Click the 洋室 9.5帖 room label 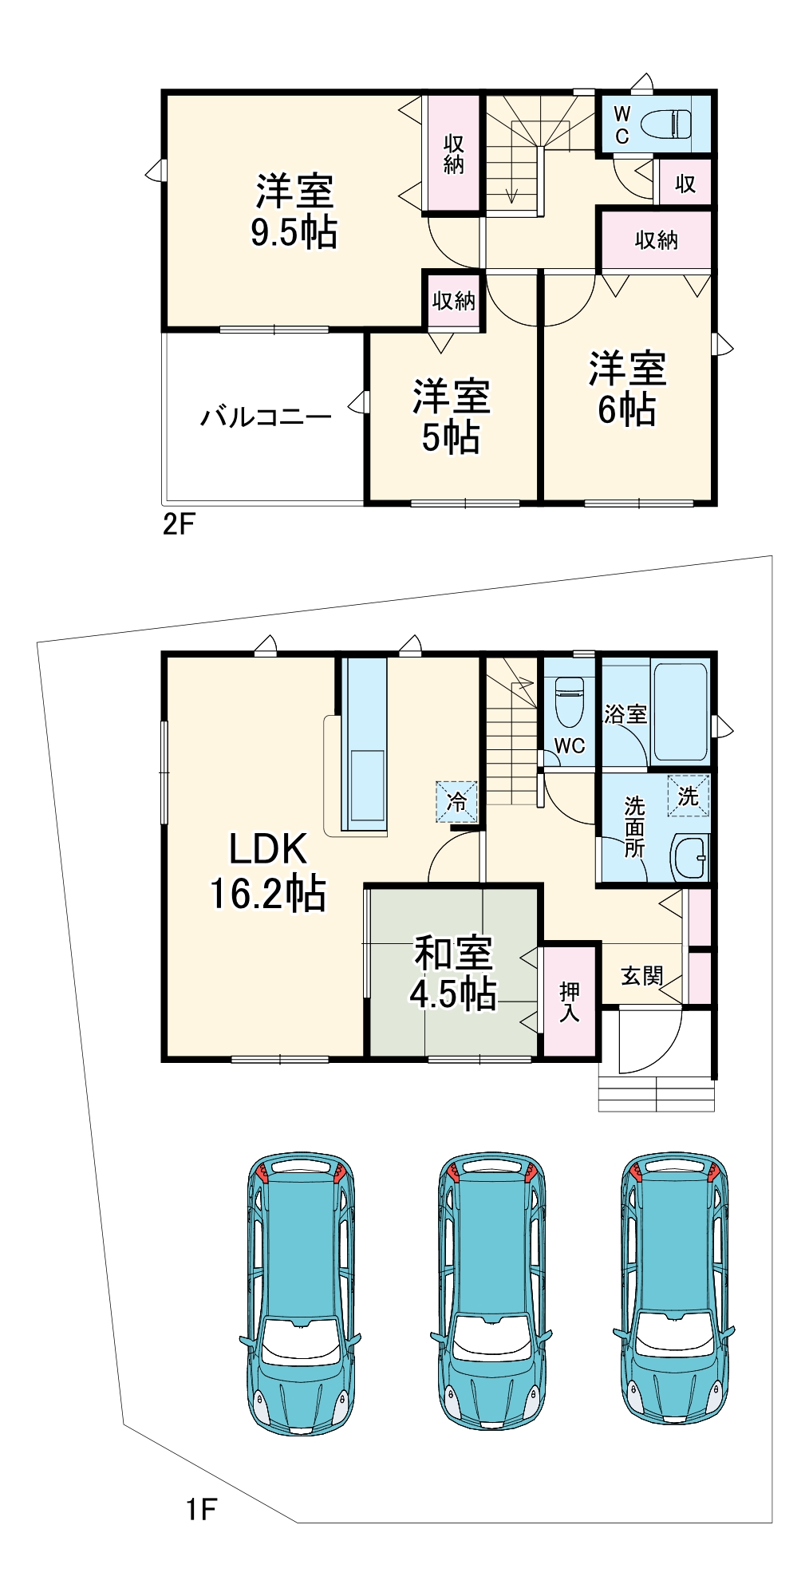pyautogui.click(x=294, y=211)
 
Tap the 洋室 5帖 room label pyautogui.click(x=452, y=417)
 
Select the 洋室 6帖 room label pyautogui.click(x=627, y=389)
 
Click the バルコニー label pyautogui.click(x=266, y=417)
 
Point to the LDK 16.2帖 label pyautogui.click(x=268, y=871)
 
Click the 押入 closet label pyautogui.click(x=570, y=1002)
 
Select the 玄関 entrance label pyautogui.click(x=642, y=975)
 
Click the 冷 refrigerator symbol pyautogui.click(x=456, y=801)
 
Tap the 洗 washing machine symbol pyautogui.click(x=688, y=796)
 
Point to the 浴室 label pyautogui.click(x=625, y=713)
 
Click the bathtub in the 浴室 pyautogui.click(x=681, y=712)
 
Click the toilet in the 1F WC pyautogui.click(x=569, y=701)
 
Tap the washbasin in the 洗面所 pyautogui.click(x=691, y=858)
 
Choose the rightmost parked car pyautogui.click(x=674, y=1288)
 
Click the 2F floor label pyautogui.click(x=179, y=524)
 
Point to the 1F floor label pyautogui.click(x=202, y=1509)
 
